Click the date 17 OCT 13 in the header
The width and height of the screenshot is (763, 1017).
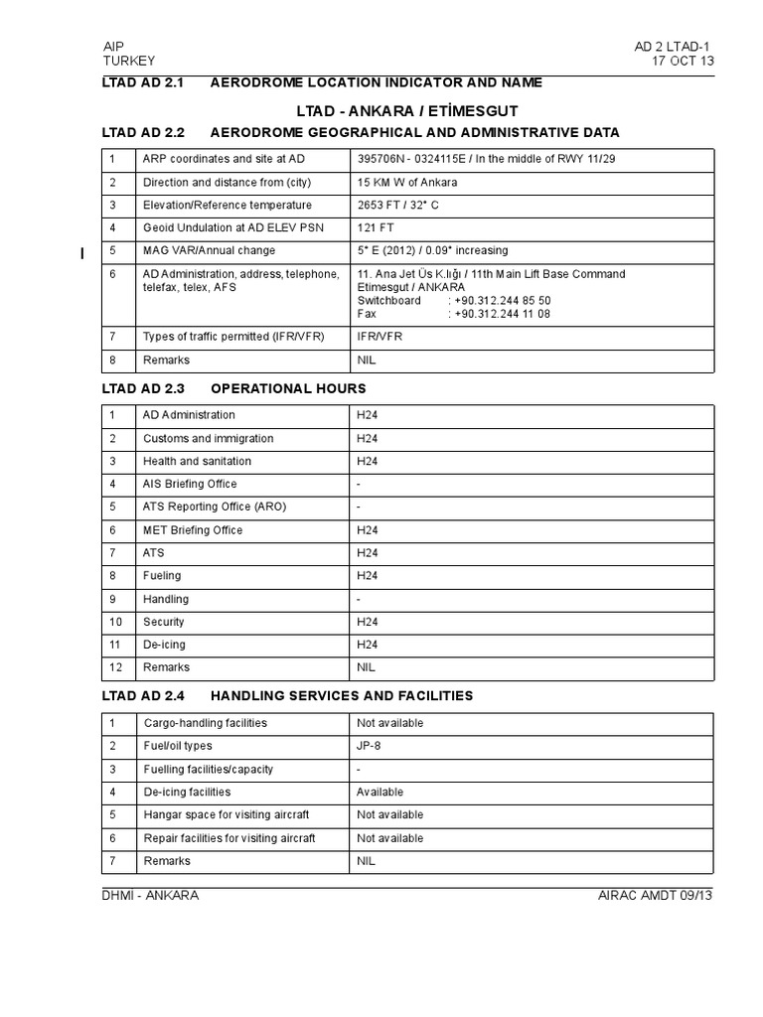click(681, 61)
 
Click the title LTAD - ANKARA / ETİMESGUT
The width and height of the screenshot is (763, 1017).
click(407, 109)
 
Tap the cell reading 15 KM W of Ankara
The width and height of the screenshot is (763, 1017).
click(407, 183)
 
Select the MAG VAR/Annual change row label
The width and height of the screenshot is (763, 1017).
click(209, 251)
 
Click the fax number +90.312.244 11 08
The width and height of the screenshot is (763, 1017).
click(502, 314)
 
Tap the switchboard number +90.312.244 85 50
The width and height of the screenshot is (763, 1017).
click(502, 300)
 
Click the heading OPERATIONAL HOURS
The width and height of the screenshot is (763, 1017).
click(288, 388)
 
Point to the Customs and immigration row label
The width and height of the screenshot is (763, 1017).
click(208, 438)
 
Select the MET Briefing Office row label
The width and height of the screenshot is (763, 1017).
click(193, 530)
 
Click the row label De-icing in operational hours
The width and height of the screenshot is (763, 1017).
click(163, 645)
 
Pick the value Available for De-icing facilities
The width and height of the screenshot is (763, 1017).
click(380, 792)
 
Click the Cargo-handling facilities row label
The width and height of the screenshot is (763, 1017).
click(205, 723)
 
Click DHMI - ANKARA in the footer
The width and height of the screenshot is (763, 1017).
click(151, 895)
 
